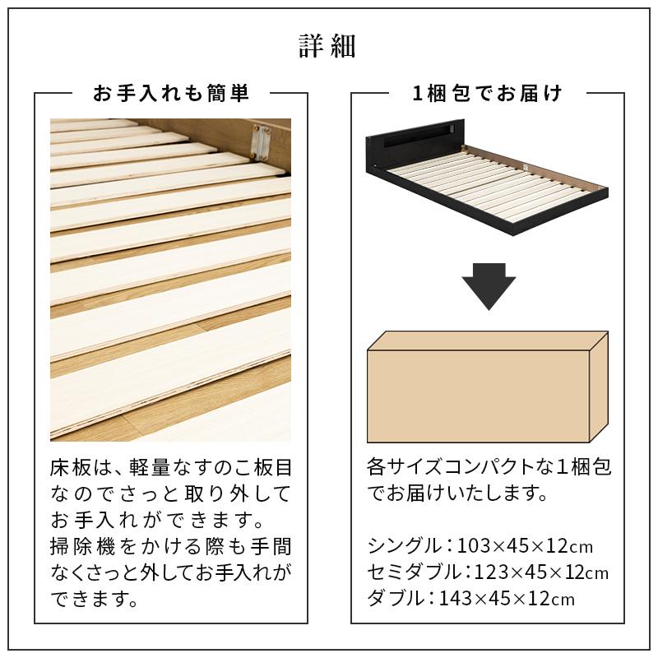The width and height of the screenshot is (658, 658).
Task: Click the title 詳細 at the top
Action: click(x=327, y=47)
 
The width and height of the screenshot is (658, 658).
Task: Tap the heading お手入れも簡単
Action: click(x=171, y=94)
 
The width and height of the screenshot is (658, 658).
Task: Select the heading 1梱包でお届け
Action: click(x=488, y=94)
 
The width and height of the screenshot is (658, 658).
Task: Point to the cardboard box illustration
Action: click(x=487, y=387)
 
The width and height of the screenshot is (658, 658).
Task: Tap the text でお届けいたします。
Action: click(x=459, y=494)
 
